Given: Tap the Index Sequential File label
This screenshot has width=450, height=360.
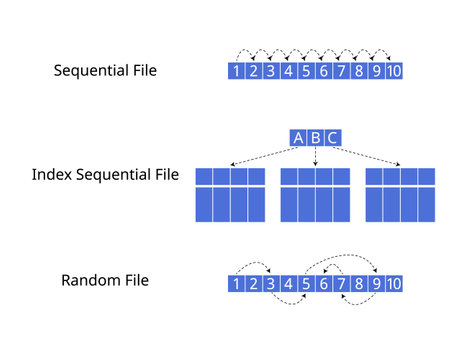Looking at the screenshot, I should [105, 175].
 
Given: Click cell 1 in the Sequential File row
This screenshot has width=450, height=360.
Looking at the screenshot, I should [236, 71].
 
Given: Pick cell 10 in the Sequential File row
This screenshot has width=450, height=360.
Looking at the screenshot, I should [394, 71].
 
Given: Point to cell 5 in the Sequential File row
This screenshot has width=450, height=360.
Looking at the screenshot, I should [306, 71].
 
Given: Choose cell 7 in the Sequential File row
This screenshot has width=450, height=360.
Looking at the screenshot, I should [341, 71].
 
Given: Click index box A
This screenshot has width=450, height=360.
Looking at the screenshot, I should [298, 138].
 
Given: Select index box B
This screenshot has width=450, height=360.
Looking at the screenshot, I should [315, 138].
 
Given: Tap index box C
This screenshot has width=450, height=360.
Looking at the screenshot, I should [332, 138].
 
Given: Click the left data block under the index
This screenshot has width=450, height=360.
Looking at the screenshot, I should [230, 194].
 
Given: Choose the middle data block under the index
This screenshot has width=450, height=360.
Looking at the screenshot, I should [315, 194].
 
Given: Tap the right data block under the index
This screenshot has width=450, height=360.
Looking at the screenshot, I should [400, 194].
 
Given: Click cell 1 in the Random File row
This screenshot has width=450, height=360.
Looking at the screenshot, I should [236, 284].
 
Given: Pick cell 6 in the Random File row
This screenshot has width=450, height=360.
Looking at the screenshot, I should [323, 284].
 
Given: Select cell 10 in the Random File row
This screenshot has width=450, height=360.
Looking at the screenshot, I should [394, 284].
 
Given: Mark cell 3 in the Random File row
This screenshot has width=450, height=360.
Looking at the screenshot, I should [271, 284].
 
